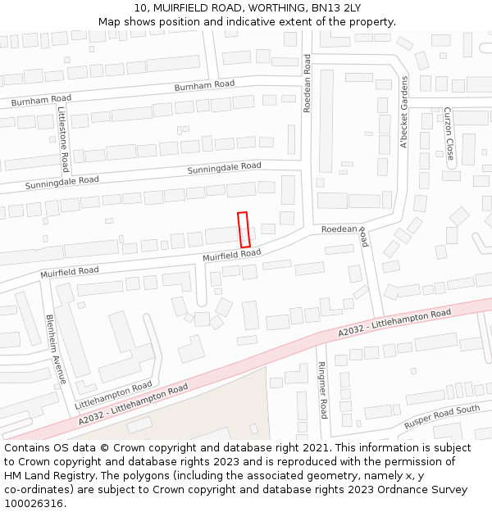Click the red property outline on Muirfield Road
point(244,230)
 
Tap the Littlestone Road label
point(63,129)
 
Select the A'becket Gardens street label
point(403,112)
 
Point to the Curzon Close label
point(449,133)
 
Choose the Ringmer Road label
point(322,390)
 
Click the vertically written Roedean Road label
point(307,83)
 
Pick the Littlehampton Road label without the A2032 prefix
point(113,395)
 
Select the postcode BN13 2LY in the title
point(336,8)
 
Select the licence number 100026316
point(34,504)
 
